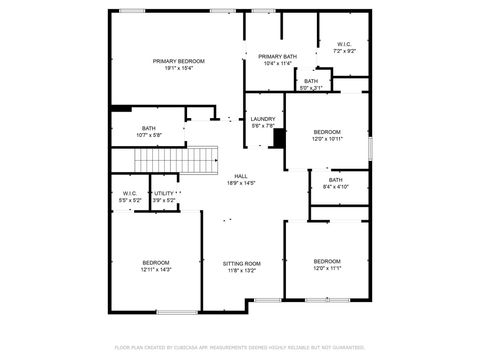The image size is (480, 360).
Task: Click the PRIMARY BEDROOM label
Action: point(179,61)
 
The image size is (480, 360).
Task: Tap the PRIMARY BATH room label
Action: point(277,56)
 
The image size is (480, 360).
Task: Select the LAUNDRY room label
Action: point(263,118)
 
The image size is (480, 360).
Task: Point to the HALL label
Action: point(241,176)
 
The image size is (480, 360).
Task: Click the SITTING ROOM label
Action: point(241,263)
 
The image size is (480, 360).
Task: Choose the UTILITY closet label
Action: point(164,193)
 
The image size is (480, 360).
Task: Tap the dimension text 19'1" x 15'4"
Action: point(179,69)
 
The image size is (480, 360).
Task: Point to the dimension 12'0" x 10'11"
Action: point(327,139)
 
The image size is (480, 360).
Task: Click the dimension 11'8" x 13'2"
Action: point(241,270)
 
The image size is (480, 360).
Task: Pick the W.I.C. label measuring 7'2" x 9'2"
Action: point(344,44)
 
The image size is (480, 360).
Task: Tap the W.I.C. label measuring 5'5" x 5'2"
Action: point(131,193)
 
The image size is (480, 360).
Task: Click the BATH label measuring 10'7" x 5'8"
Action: point(148,128)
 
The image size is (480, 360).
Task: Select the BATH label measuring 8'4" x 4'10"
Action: point(335,180)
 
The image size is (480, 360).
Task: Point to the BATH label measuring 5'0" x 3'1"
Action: point(311,81)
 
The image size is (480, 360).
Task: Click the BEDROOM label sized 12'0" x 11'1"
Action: point(327,261)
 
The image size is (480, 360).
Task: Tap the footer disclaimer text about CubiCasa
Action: point(240,346)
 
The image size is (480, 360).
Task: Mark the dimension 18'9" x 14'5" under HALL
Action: point(241,184)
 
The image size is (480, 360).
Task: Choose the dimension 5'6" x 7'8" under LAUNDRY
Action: point(263,126)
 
